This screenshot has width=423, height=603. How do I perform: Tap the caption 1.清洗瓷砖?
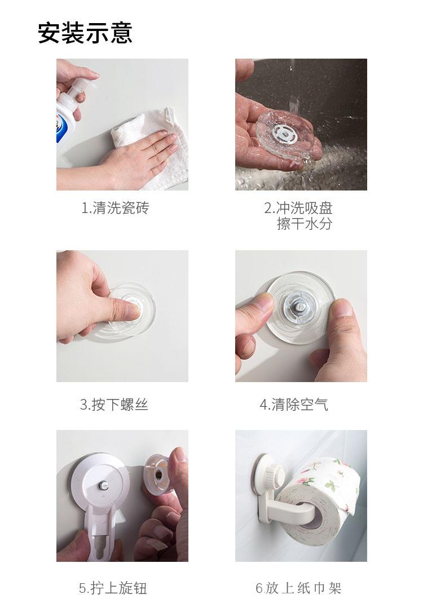[x=116, y=208]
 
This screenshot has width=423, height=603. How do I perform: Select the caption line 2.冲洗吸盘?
[x=298, y=208]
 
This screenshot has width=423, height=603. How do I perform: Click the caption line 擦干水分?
[x=305, y=224]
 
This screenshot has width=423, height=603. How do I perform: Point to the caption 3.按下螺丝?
[x=114, y=404]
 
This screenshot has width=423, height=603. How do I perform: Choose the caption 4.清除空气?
[x=293, y=404]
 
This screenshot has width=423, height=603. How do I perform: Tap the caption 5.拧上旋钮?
[x=113, y=588]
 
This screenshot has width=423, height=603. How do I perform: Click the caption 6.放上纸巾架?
[x=298, y=588]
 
